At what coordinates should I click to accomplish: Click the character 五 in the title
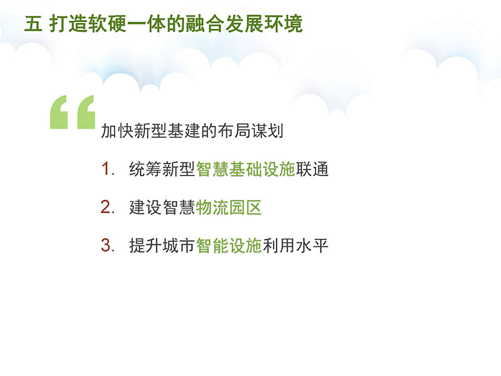(x=33, y=24)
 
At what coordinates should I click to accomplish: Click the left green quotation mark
(x=59, y=112)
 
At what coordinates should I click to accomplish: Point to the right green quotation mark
(x=86, y=112)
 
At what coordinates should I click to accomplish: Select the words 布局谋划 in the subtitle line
(x=250, y=131)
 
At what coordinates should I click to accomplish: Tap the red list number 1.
(x=106, y=169)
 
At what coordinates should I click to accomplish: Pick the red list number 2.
(x=106, y=207)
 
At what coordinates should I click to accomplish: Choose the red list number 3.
(x=106, y=246)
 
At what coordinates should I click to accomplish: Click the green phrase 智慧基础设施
(x=245, y=169)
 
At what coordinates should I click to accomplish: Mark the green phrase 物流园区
(x=229, y=207)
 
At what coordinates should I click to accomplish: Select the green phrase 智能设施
(x=229, y=246)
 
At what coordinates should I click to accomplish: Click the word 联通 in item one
(x=312, y=169)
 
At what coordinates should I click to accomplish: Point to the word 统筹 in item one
(x=146, y=169)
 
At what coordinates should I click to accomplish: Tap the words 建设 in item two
(x=146, y=207)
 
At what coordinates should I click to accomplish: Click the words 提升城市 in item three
(x=162, y=246)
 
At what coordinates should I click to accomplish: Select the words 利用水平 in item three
(x=295, y=246)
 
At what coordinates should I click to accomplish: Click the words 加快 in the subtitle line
(x=117, y=131)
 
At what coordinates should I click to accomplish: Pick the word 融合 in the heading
(x=205, y=24)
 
